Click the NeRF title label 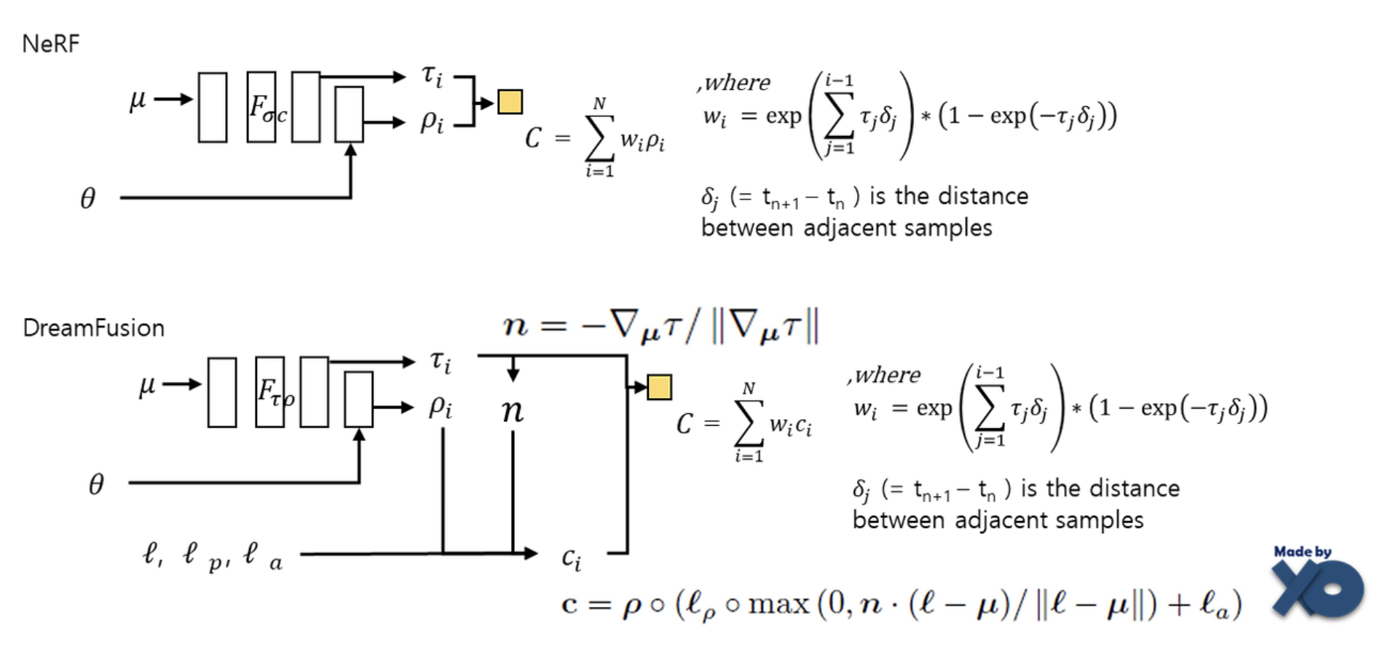(50, 44)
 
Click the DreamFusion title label (93, 328)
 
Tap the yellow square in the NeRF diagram (510, 102)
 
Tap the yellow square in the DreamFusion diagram (659, 387)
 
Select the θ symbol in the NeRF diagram (87, 198)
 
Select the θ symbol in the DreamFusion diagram (96, 484)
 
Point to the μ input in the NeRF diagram (138, 100)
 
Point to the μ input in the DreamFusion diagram (147, 385)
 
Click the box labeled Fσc (261, 107)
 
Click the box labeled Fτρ (270, 392)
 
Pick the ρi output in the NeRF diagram (432, 122)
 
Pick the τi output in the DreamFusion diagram (441, 362)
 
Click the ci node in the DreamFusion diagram (572, 559)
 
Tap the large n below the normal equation (513, 410)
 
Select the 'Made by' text (1302, 552)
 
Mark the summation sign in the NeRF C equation (599, 138)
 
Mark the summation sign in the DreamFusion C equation (749, 424)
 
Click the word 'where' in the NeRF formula (737, 83)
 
